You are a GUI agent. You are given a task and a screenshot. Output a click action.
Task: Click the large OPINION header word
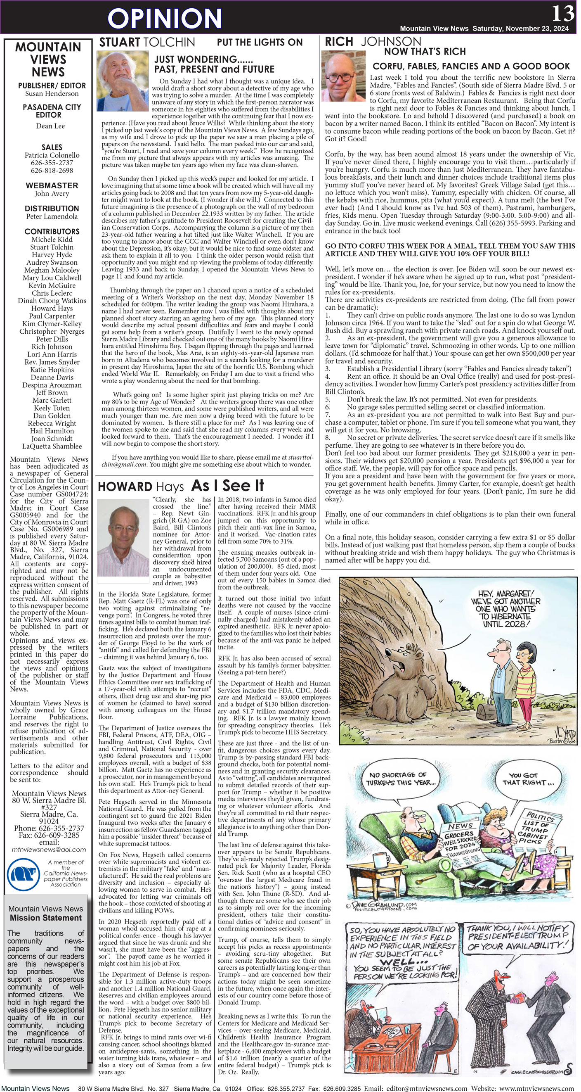[164, 18]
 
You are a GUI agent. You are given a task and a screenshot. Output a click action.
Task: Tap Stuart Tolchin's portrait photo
[123, 81]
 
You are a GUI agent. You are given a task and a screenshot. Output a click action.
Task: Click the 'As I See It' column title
[227, 485]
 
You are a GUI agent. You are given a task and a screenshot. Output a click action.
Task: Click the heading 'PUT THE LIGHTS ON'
[260, 43]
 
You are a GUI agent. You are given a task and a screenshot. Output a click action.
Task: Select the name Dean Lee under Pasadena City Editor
[50, 126]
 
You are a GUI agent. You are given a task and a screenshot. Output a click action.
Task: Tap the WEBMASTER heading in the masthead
[52, 185]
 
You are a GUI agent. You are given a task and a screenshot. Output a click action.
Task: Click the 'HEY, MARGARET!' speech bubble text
[505, 609]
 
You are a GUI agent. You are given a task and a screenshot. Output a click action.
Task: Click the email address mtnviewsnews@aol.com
[49, 850]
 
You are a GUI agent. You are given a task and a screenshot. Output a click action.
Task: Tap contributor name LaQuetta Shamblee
[52, 446]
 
